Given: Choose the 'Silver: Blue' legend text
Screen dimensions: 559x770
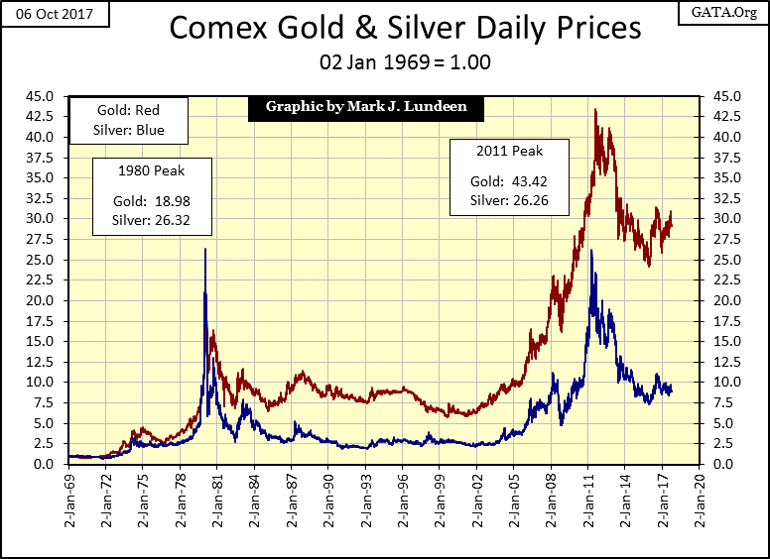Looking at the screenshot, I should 131,130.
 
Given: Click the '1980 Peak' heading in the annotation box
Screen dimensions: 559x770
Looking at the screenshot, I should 152,171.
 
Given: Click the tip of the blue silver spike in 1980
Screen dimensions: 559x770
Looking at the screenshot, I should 204,249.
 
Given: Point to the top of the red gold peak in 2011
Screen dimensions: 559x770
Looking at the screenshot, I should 594,110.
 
